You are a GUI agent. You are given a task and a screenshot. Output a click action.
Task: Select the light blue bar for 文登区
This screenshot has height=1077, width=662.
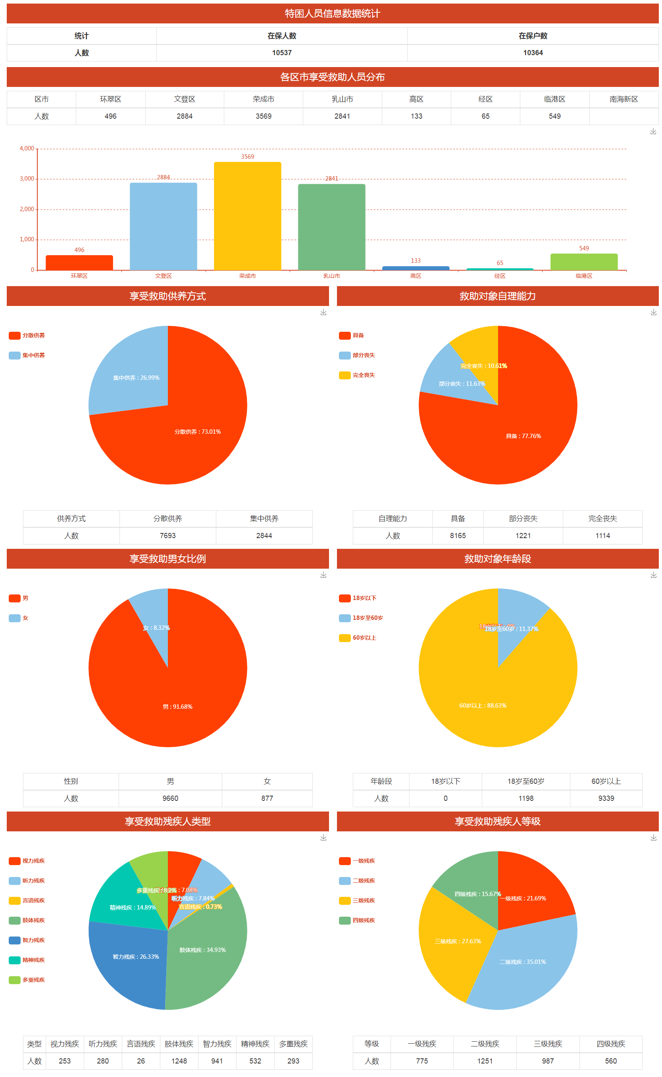(x=163, y=226)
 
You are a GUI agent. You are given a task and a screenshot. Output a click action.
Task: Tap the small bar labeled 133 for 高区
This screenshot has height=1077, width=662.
(x=416, y=268)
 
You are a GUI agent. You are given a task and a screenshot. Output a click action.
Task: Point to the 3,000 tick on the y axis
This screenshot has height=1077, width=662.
(x=27, y=179)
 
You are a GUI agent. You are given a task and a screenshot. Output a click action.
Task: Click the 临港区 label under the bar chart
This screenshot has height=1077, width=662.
(x=584, y=276)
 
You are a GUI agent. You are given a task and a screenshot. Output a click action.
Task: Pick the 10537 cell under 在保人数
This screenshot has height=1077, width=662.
(x=281, y=52)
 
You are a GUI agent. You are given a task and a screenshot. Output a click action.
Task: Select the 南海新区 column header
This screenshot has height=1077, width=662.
(x=624, y=99)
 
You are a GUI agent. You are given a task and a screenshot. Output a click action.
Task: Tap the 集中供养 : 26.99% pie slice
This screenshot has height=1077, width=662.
(x=131, y=372)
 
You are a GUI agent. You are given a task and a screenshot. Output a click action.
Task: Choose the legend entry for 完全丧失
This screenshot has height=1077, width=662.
(x=358, y=375)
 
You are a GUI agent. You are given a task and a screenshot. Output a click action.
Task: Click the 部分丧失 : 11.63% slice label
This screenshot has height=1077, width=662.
(x=462, y=383)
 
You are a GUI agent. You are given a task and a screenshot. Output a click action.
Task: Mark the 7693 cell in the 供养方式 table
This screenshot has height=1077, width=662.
(x=168, y=535)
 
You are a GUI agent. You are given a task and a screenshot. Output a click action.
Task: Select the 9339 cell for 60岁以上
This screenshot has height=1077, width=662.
(x=606, y=798)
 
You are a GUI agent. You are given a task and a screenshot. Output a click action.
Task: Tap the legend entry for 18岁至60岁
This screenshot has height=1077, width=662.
(x=362, y=618)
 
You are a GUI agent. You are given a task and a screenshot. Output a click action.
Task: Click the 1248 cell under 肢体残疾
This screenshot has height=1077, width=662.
(x=179, y=1061)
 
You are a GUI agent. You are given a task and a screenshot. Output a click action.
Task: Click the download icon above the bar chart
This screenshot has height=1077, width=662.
(x=653, y=131)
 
